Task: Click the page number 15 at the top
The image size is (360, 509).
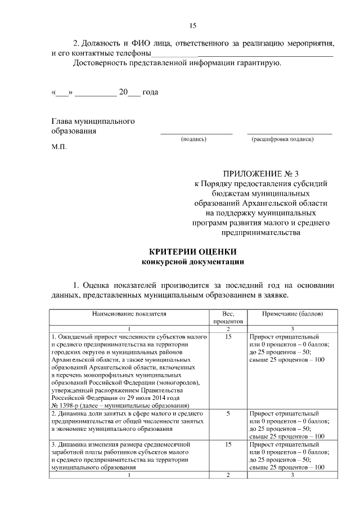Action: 192,25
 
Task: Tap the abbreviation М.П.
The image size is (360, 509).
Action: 58,147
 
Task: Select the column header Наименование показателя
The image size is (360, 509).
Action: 129,313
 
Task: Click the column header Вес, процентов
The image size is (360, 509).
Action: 228,317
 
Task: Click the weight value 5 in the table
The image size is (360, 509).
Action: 228,413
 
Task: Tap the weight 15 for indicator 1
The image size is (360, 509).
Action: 228,337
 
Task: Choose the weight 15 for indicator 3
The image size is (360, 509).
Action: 228,444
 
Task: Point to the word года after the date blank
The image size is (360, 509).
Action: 151,92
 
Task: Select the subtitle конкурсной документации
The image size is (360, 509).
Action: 192,262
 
